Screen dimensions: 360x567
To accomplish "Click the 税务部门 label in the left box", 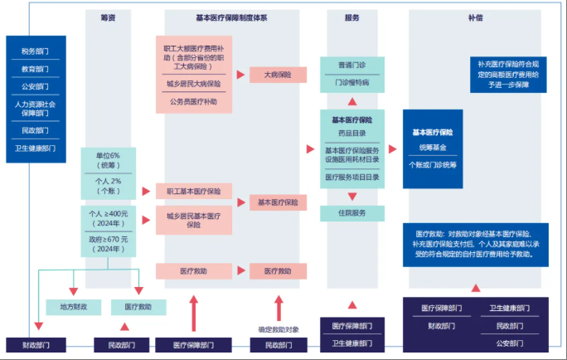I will click(35, 51).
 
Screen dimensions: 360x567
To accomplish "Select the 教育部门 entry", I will click(35, 69).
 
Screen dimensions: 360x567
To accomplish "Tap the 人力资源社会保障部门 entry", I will click(35, 109).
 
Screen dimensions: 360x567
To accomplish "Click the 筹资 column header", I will click(108, 17).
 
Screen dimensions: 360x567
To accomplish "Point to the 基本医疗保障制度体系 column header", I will click(231, 17).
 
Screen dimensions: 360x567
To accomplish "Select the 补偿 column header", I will click(475, 17).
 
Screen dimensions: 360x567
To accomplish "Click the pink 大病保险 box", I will click(279, 75).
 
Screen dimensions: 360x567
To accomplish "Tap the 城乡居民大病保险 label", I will click(193, 84).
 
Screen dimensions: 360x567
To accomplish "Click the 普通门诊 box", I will click(351, 64).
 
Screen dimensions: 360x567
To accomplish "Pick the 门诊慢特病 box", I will click(351, 82).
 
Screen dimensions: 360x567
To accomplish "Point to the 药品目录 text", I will click(351, 133).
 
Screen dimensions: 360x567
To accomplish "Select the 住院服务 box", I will click(351, 213).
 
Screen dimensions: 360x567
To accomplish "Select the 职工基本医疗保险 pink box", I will click(193, 191).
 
